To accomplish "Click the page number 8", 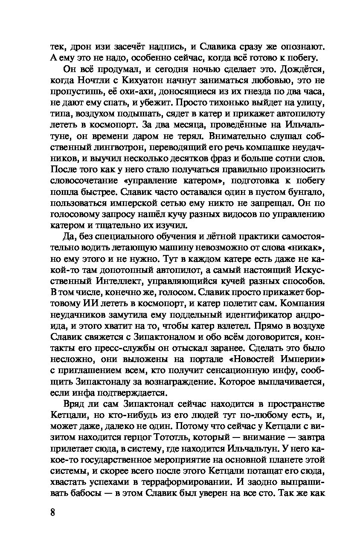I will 52,512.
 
